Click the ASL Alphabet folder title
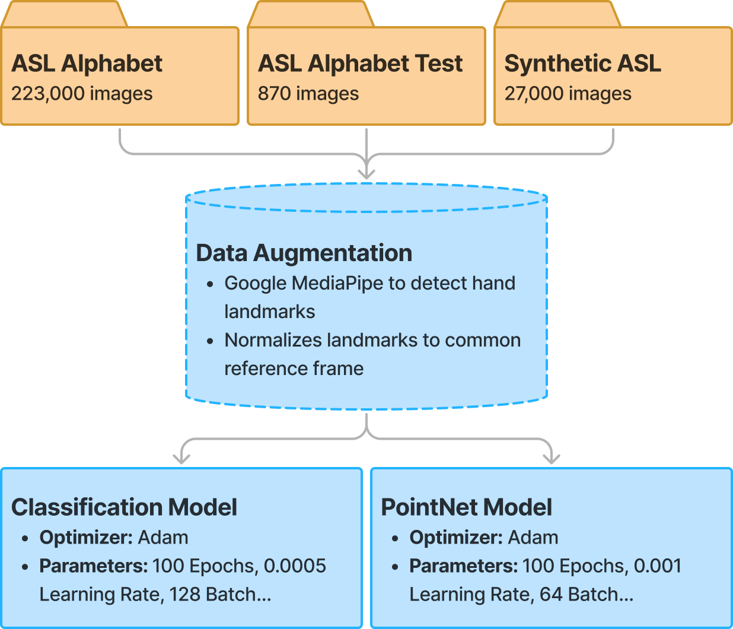[87, 63]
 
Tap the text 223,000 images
[82, 94]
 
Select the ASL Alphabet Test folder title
[360, 63]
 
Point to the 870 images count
[308, 94]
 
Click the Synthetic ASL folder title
[582, 63]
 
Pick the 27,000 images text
[568, 94]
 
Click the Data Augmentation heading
[304, 253]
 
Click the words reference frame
[294, 368]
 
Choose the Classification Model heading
[124, 507]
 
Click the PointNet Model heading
[466, 507]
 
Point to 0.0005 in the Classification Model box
[295, 566]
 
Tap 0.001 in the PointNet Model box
[658, 566]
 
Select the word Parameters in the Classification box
[93, 566]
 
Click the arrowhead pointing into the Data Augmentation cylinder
[366, 173]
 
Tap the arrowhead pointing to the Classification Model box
[181, 458]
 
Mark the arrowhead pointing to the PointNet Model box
[552, 458]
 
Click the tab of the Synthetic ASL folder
[557, 14]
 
